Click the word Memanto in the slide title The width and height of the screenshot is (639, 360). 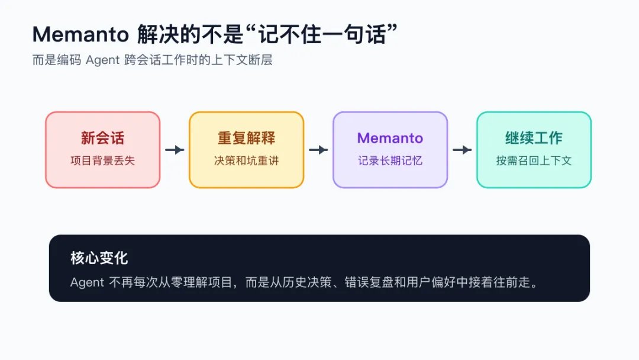click(80, 34)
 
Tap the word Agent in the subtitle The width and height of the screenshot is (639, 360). click(102, 60)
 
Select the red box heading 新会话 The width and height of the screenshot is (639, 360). click(102, 138)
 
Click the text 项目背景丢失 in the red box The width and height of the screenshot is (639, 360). click(102, 160)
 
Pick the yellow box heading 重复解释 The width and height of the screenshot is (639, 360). click(246, 138)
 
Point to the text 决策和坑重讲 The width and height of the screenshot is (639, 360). click(246, 160)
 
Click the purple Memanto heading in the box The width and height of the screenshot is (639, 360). click(390, 138)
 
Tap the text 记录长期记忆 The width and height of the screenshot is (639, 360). click(390, 160)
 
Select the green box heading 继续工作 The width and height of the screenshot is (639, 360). click(534, 138)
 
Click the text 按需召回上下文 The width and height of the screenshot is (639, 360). click(534, 160)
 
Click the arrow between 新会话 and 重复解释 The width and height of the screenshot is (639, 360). click(175, 150)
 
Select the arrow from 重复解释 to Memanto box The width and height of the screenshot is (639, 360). click(318, 150)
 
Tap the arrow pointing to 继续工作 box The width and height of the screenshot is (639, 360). click(462, 150)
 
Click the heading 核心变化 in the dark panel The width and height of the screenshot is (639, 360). click(99, 258)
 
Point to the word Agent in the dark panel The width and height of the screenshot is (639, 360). click(87, 282)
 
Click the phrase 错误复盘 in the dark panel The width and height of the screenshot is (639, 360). click(369, 282)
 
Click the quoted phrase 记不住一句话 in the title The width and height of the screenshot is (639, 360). click(322, 34)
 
